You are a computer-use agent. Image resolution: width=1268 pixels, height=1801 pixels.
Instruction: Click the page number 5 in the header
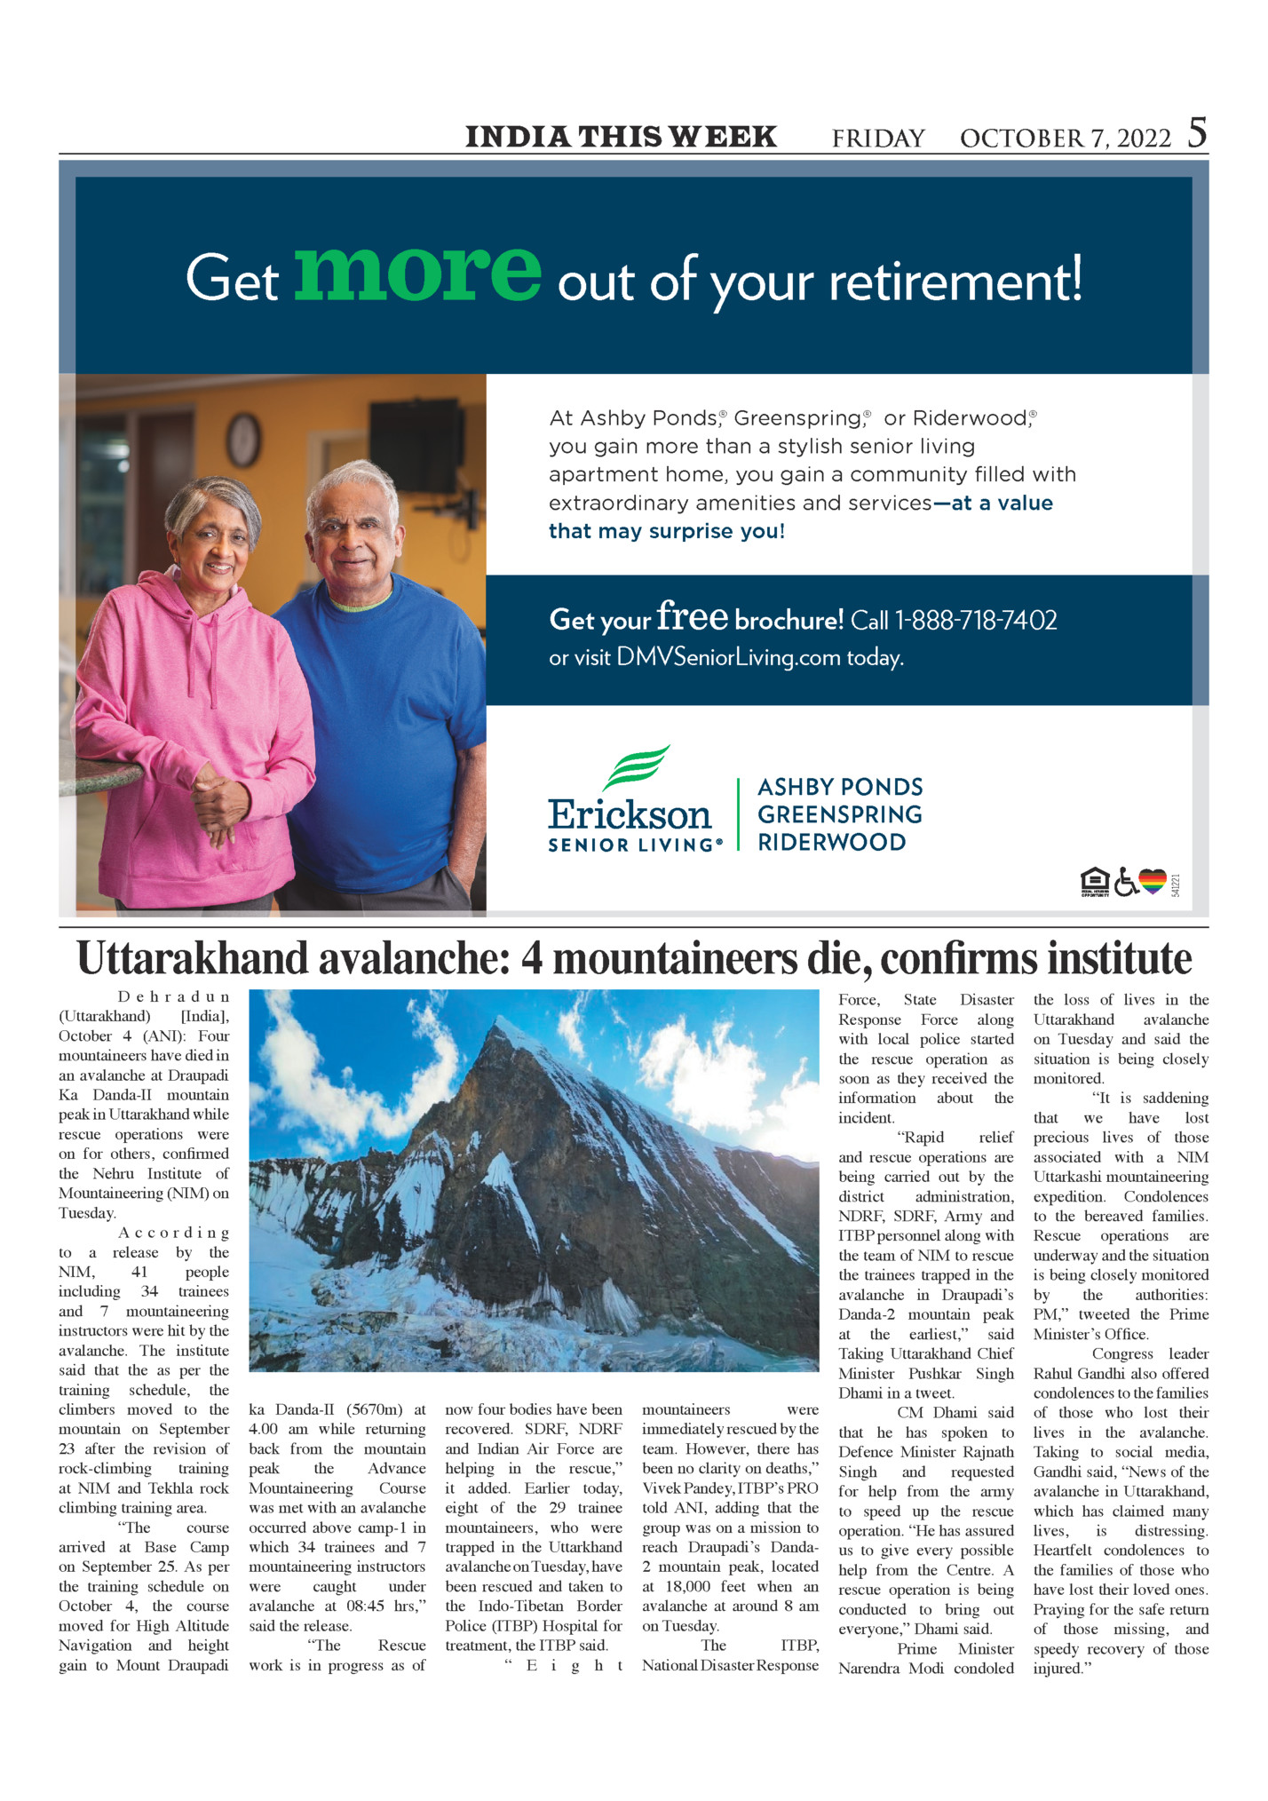(x=1197, y=133)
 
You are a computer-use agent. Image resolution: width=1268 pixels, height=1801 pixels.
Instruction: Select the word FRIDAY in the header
(x=877, y=139)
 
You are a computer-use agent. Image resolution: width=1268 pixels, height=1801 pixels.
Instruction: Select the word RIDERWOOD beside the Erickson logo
(x=831, y=842)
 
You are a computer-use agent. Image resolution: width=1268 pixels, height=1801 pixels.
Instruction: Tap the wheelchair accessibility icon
(x=1126, y=882)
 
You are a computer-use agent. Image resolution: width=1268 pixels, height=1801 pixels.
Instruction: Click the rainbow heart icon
(x=1152, y=881)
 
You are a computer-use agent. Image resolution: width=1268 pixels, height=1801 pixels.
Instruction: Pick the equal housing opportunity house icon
(x=1095, y=882)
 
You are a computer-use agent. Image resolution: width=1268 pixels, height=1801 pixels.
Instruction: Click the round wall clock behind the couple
(x=243, y=439)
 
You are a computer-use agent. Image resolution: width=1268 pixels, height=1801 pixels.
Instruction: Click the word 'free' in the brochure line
(x=692, y=615)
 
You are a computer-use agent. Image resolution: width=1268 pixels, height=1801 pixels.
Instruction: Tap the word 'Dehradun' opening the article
(x=173, y=996)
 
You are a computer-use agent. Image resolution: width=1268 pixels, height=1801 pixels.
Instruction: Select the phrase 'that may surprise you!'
(x=666, y=531)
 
